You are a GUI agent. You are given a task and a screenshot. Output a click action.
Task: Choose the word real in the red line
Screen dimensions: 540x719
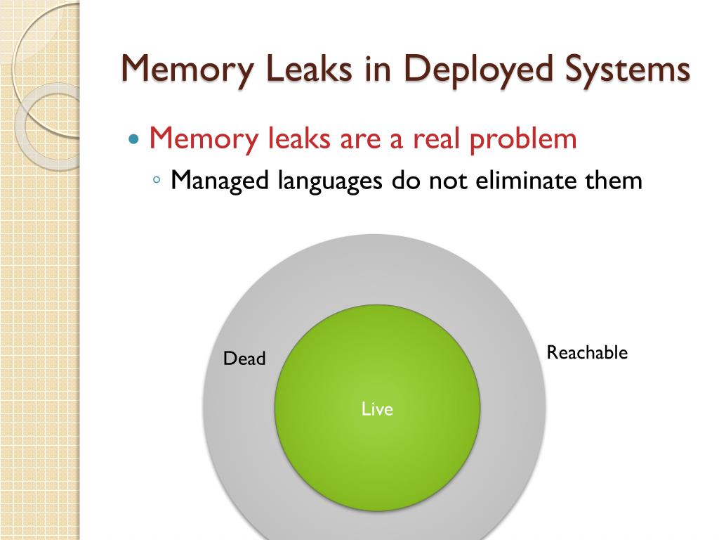436,139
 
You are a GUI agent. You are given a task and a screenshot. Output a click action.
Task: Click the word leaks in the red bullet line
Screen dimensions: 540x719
296,139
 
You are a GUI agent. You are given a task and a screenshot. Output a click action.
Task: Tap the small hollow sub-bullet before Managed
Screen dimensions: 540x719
157,181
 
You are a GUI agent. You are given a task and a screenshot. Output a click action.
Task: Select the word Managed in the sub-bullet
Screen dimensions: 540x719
220,181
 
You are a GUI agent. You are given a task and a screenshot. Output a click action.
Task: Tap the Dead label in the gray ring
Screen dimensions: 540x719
244,359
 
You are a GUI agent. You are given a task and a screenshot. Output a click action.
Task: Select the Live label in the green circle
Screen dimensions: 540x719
377,409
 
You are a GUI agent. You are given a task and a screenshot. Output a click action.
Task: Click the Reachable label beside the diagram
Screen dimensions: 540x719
587,353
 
